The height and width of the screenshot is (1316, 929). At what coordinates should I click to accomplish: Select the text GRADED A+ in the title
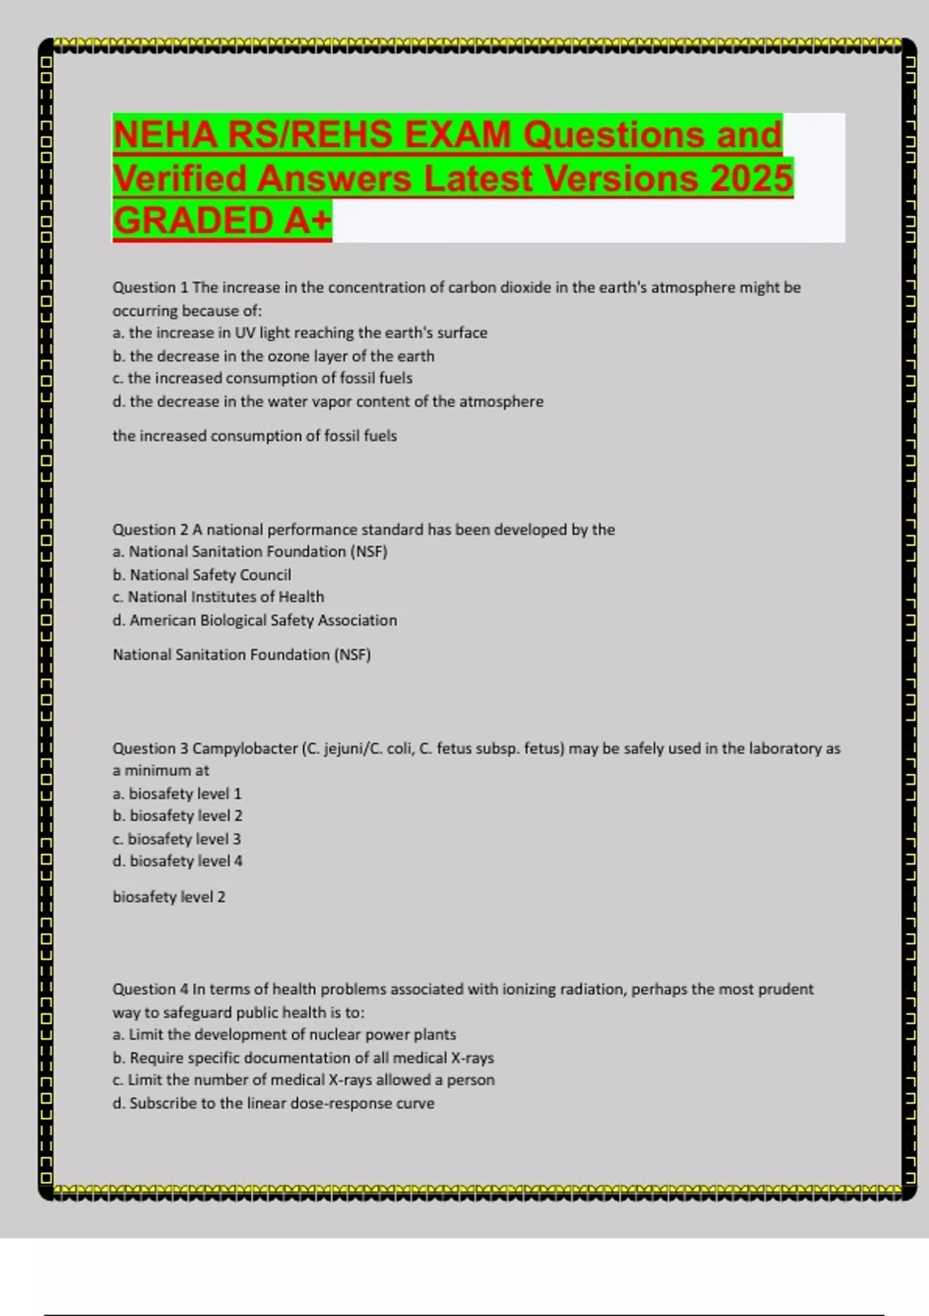click(x=222, y=221)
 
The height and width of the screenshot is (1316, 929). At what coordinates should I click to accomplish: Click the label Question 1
click(x=150, y=287)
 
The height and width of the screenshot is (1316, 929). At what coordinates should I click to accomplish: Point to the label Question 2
click(x=150, y=529)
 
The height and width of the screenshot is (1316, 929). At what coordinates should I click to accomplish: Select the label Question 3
click(x=150, y=749)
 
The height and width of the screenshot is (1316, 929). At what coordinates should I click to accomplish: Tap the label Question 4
click(x=150, y=989)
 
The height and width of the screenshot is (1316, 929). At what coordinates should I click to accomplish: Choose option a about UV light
click(x=300, y=333)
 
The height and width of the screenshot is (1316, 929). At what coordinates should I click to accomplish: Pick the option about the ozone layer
click(x=273, y=356)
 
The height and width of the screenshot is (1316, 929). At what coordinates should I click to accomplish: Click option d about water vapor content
click(x=327, y=402)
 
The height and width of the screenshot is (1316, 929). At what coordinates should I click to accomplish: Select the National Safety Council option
click(x=202, y=574)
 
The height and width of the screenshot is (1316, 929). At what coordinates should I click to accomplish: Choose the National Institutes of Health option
click(x=218, y=597)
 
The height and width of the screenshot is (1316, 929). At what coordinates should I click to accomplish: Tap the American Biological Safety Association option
click(x=255, y=620)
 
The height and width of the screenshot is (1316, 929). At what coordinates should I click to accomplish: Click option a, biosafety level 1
click(x=177, y=793)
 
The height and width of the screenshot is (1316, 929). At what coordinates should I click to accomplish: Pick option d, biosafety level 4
click(x=177, y=861)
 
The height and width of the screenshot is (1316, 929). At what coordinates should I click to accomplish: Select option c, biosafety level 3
click(x=177, y=838)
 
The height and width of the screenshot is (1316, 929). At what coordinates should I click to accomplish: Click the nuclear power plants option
click(x=284, y=1034)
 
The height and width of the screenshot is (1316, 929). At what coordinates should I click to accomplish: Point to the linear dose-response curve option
click(x=273, y=1103)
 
